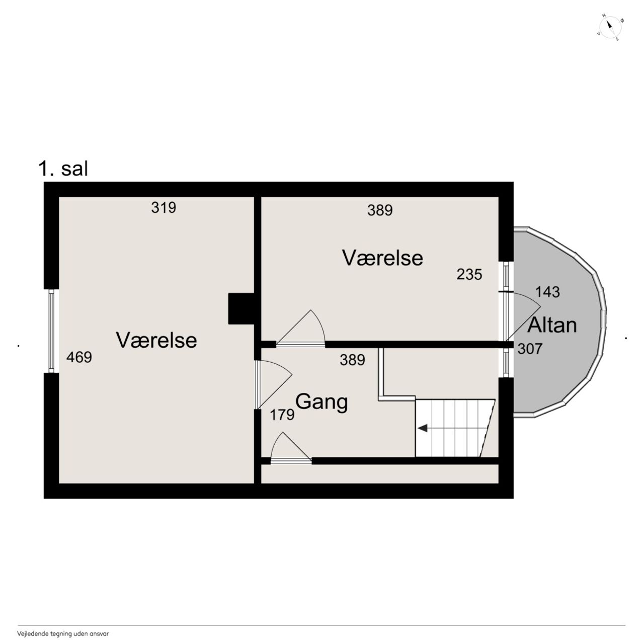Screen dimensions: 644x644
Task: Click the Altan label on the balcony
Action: coord(552,325)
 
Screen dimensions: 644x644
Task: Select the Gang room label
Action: coord(321,401)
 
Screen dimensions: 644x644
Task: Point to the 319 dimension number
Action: coord(164,207)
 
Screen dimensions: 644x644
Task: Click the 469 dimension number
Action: coord(79,357)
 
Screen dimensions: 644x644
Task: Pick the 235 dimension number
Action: coord(469,275)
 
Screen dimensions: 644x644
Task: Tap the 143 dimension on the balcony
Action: coord(547,292)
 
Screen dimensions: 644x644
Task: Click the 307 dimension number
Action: coord(530,349)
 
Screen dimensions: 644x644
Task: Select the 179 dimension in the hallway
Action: coord(282,415)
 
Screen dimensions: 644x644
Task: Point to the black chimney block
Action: coord(242,308)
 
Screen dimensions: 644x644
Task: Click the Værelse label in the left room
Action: coord(156,340)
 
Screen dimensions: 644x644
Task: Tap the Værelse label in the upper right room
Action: coord(383,258)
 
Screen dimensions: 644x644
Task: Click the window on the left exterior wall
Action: coord(51,331)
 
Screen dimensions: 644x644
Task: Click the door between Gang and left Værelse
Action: coord(273,384)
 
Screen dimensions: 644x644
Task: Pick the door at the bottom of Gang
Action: coord(291,448)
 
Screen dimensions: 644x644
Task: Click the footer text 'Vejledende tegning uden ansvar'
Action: coord(63,633)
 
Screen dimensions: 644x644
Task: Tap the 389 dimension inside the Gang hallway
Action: coord(353,360)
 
